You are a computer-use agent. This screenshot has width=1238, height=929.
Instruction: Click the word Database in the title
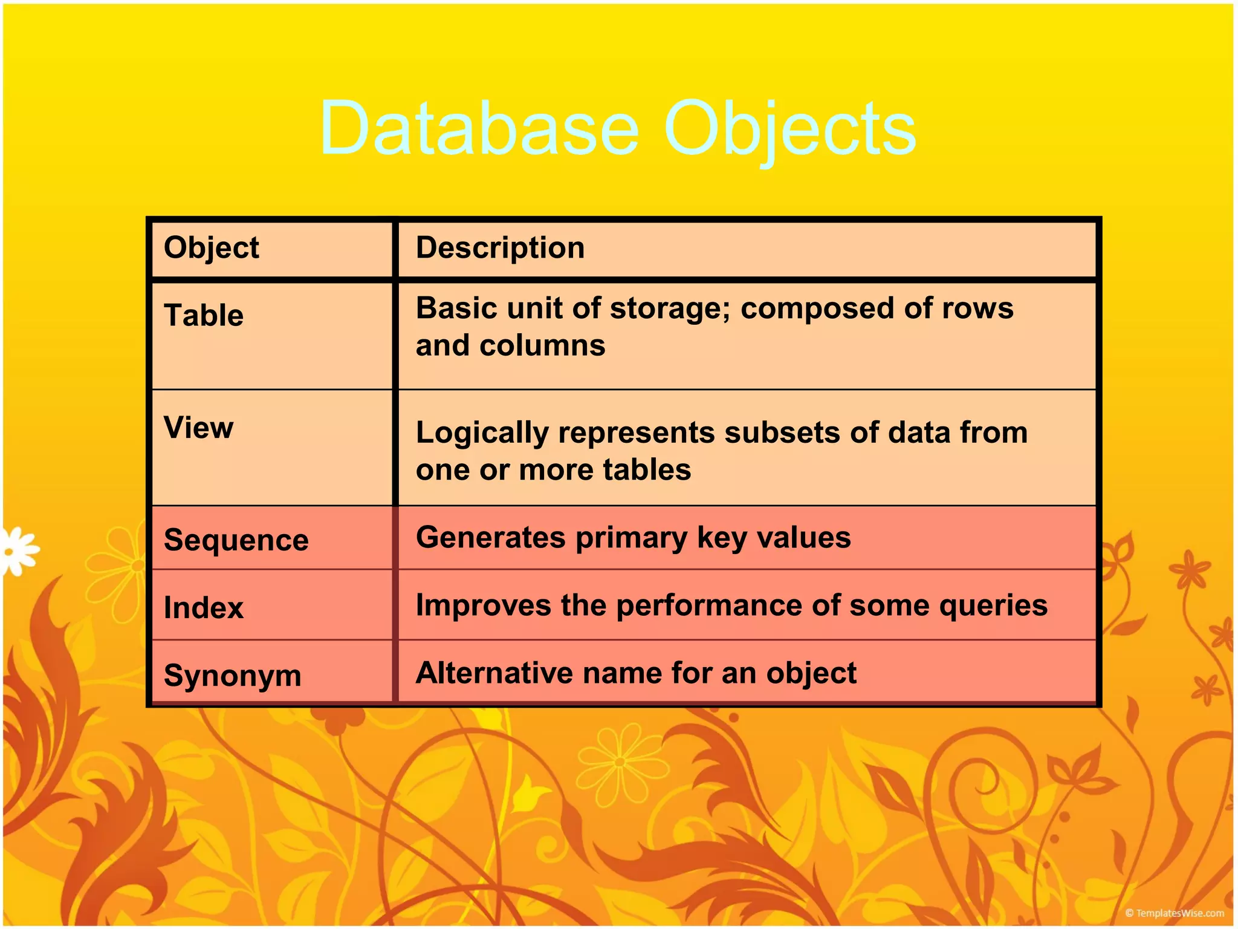click(x=479, y=129)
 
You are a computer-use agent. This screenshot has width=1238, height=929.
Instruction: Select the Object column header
click(x=211, y=248)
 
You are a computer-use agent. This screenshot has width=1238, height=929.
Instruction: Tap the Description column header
click(x=500, y=248)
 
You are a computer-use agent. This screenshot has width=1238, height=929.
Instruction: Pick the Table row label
click(x=204, y=316)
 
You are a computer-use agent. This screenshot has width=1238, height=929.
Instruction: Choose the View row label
click(x=198, y=428)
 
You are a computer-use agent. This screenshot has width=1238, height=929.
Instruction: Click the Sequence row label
click(x=236, y=540)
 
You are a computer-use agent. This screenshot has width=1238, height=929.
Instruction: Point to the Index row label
click(x=204, y=608)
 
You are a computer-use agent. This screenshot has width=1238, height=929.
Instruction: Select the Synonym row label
click(x=232, y=676)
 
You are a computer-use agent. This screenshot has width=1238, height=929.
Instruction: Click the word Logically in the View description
click(x=482, y=434)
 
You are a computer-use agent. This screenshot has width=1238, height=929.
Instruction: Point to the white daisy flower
click(x=17, y=551)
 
